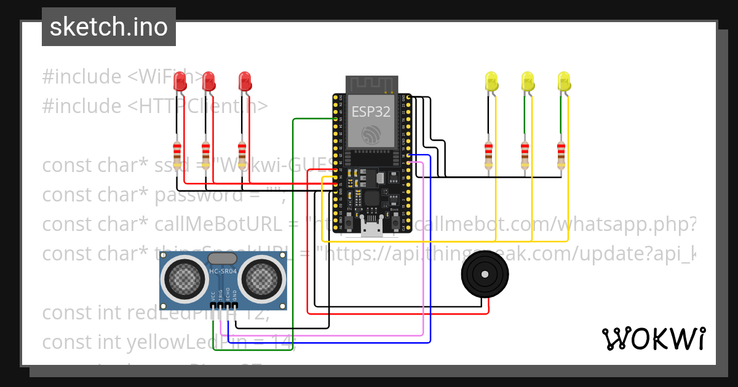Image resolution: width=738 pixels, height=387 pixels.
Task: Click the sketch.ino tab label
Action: pos(109,27)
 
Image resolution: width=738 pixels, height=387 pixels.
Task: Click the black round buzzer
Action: pos(485,275)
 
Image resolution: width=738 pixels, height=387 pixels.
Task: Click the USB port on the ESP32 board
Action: pos(371,229)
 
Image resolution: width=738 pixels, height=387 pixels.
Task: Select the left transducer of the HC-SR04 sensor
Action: pos(181,280)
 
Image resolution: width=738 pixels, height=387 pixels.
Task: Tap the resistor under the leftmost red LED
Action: pos(177,154)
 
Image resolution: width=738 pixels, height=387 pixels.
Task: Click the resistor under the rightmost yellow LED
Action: pos(560,154)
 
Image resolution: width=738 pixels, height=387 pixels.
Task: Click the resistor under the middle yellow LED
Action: pos(525,154)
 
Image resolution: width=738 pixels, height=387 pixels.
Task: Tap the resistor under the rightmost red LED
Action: pos(242,154)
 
